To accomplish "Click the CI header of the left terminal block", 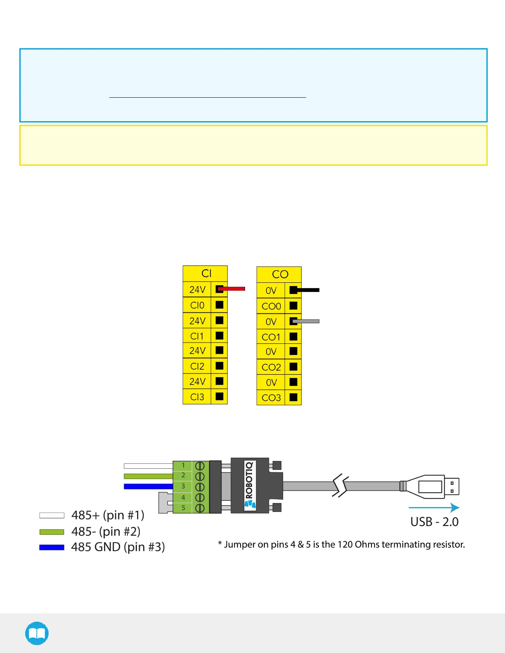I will pyautogui.click(x=206, y=273).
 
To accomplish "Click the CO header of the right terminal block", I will pyautogui.click(x=280, y=275).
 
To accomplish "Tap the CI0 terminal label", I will pyautogui.click(x=197, y=305).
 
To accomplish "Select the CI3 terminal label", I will pyautogui.click(x=197, y=397).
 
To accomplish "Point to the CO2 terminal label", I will pyautogui.click(x=271, y=367).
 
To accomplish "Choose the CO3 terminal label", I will pyautogui.click(x=271, y=398).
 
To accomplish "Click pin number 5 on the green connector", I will pyautogui.click(x=183, y=508).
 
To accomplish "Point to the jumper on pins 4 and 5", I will pyautogui.click(x=165, y=503).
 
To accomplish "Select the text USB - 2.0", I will pyautogui.click(x=434, y=522).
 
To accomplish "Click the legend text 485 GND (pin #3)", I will pyautogui.click(x=118, y=547).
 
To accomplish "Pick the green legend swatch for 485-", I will pyautogui.click(x=52, y=532).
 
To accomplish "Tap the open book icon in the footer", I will pyautogui.click(x=37, y=633).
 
